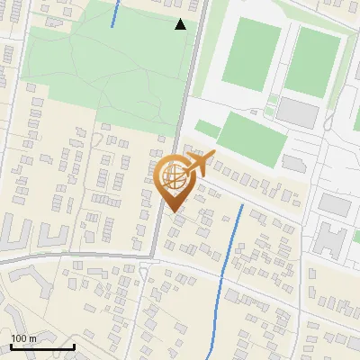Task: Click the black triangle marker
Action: click(x=180, y=24)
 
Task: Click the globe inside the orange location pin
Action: click(x=175, y=175)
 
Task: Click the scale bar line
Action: click(x=42, y=346)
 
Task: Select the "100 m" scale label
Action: click(x=24, y=338)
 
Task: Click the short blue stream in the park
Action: click(x=115, y=13)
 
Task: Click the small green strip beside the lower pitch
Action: click(x=208, y=128)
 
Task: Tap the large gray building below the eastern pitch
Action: click(x=297, y=112)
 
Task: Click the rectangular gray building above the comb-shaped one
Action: click(x=335, y=204)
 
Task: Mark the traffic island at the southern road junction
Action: click(x=144, y=274)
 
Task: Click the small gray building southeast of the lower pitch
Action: click(x=294, y=162)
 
